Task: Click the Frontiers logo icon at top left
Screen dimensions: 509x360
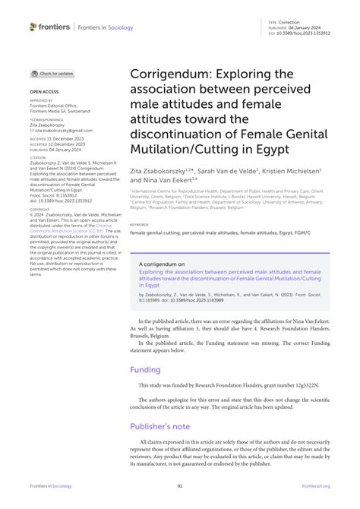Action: click(x=33, y=27)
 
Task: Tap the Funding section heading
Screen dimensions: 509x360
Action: click(x=145, y=370)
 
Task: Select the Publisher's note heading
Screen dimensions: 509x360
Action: click(x=161, y=426)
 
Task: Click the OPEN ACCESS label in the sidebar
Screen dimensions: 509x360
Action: click(x=44, y=92)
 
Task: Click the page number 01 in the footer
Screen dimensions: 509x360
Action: click(x=180, y=486)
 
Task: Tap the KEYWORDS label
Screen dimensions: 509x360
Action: click(x=139, y=225)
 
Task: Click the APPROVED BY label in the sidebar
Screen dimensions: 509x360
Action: click(x=41, y=100)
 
